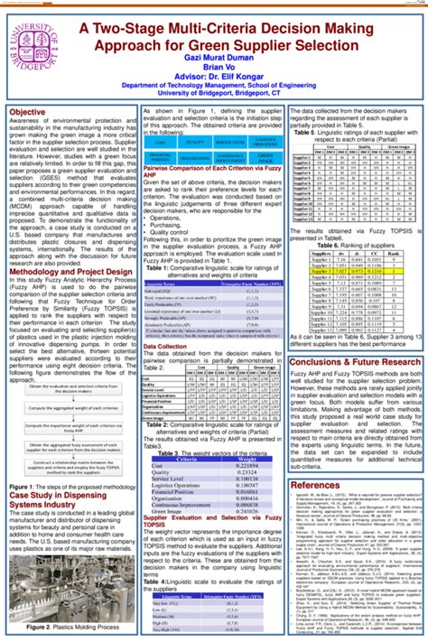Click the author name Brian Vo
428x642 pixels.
click(x=237, y=67)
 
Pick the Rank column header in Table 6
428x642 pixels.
click(x=395, y=254)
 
